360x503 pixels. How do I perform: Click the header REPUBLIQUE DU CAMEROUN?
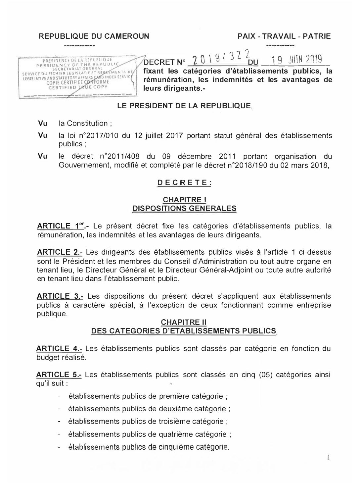pyautogui.click(x=94, y=36)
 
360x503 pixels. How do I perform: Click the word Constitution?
pyautogui.click(x=87, y=124)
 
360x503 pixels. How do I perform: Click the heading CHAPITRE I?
pyautogui.click(x=185, y=200)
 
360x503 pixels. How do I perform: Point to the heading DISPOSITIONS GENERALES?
pyautogui.click(x=184, y=208)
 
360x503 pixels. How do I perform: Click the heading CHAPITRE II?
pyautogui.click(x=184, y=322)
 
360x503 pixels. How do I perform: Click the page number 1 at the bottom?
pyautogui.click(x=328, y=458)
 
